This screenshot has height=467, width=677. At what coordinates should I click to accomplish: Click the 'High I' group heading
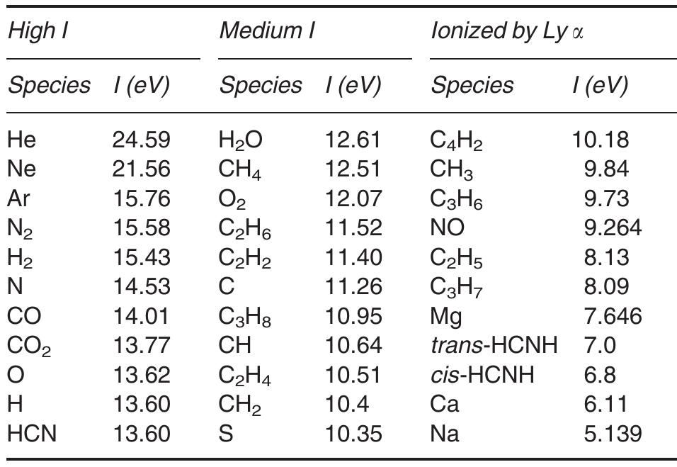(37, 31)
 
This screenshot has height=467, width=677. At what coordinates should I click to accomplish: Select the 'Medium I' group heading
(267, 31)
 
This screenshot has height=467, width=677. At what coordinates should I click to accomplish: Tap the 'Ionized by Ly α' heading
(507, 31)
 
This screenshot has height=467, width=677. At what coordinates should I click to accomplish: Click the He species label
(21, 140)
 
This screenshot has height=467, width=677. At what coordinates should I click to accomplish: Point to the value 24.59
(141, 140)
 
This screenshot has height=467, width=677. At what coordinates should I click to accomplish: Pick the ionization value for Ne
(141, 169)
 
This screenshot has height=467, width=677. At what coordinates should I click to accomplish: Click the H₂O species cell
(241, 140)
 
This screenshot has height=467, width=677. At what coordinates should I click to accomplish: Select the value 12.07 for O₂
(353, 198)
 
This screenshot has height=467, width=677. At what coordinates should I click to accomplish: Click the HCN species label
(32, 433)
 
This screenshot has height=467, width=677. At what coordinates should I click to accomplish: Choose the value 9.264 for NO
(613, 227)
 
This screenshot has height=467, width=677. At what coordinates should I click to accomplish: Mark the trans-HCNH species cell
(494, 345)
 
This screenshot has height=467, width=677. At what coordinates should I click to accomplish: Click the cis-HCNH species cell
(482, 374)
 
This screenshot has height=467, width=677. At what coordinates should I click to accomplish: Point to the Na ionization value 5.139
(613, 433)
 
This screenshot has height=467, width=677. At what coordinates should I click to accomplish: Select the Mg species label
(446, 316)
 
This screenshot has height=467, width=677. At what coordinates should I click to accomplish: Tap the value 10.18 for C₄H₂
(600, 140)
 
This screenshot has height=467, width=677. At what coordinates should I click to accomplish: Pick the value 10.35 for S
(353, 433)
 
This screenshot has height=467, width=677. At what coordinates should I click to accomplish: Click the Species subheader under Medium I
(261, 85)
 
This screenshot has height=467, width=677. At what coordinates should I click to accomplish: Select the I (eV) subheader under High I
(141, 85)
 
